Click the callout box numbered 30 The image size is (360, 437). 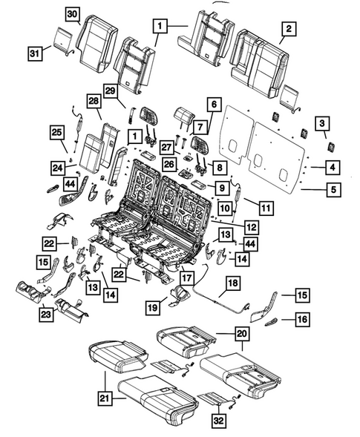73,14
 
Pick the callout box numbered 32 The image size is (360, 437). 217,421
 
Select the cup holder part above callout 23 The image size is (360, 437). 37,292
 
